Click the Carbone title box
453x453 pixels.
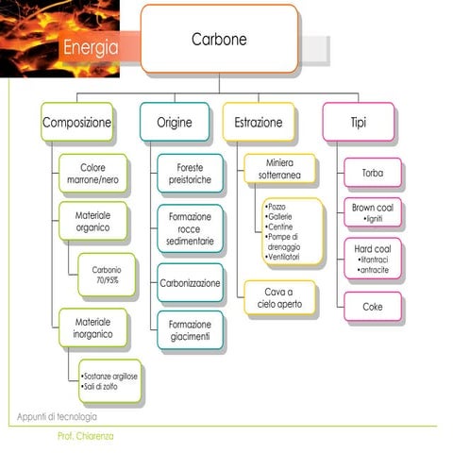coord(219,40)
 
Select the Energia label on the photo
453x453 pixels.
coord(91,47)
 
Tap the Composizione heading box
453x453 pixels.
coord(76,123)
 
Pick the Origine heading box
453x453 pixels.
coord(175,123)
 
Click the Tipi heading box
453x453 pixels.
coord(359,123)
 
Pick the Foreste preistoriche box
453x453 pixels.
coord(190,173)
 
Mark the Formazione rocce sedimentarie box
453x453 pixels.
coord(190,228)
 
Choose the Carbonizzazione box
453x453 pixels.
coord(190,282)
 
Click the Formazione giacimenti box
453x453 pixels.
coord(190,330)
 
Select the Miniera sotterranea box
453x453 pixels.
coord(279,169)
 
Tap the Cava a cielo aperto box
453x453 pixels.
coord(280,296)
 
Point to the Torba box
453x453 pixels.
coord(371,174)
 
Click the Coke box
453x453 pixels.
coord(371,307)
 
